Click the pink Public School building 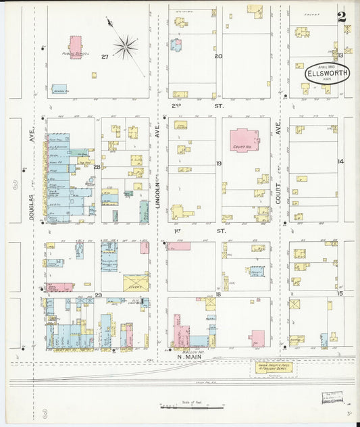pos(75,47)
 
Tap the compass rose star pos(125,47)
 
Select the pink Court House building pos(244,140)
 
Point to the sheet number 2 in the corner pos(342,18)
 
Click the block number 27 pos(105,57)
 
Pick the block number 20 pos(218,57)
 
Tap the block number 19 pos(218,164)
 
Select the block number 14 pos(341,161)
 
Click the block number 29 pos(98,295)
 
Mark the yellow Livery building pos(136,282)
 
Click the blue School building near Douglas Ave pos(59,89)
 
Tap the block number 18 pos(218,295)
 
